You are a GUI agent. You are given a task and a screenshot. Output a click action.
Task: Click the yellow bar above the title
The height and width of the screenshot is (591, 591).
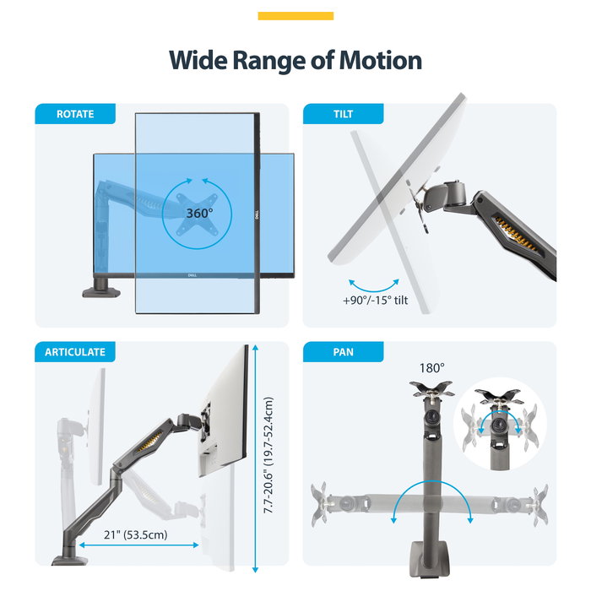[x=295, y=16]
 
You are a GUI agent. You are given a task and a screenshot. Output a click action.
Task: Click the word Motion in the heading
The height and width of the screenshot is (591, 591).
[x=380, y=60]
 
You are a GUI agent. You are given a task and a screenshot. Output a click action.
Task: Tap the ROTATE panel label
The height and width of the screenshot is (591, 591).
[x=75, y=114]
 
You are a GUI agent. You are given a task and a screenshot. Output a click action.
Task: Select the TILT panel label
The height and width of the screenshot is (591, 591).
[x=343, y=114]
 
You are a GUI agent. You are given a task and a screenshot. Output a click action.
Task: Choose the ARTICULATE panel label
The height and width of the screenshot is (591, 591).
[x=75, y=352]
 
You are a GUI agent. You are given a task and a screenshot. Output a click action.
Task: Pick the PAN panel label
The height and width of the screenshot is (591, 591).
[x=343, y=352]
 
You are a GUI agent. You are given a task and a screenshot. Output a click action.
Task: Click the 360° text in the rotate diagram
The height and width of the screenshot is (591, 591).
[x=199, y=214]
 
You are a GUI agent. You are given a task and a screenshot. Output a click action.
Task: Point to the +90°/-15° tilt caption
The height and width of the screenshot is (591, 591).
[x=376, y=301]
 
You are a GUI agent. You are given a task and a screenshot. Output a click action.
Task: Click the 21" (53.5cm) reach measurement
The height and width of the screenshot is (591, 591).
[x=136, y=534]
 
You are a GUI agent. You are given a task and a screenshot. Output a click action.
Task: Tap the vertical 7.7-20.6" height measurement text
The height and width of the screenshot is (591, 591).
[x=268, y=455]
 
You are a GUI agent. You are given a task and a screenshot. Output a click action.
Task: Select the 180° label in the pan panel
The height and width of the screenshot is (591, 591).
[x=432, y=367]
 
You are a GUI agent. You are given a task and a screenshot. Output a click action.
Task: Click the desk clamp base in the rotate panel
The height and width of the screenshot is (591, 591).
[x=101, y=289]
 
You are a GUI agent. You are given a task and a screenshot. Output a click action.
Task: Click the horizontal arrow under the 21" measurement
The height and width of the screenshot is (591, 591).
[x=138, y=545]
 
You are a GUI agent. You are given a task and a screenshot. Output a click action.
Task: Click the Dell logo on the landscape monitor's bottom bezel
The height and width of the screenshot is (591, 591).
[x=192, y=275]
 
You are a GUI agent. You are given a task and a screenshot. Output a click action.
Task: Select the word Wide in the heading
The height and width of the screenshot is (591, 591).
[x=198, y=60]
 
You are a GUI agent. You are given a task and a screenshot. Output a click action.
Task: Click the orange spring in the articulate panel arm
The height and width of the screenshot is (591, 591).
[x=149, y=442]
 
